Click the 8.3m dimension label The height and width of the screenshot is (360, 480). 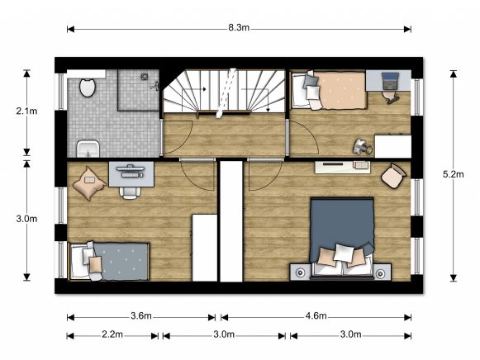click(x=239, y=28)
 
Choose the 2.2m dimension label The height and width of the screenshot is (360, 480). click(x=112, y=334)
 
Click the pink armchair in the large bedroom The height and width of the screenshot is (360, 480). click(x=393, y=176)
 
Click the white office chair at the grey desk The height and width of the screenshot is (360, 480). click(x=129, y=190)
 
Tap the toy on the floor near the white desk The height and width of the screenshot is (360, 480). click(x=361, y=146)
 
